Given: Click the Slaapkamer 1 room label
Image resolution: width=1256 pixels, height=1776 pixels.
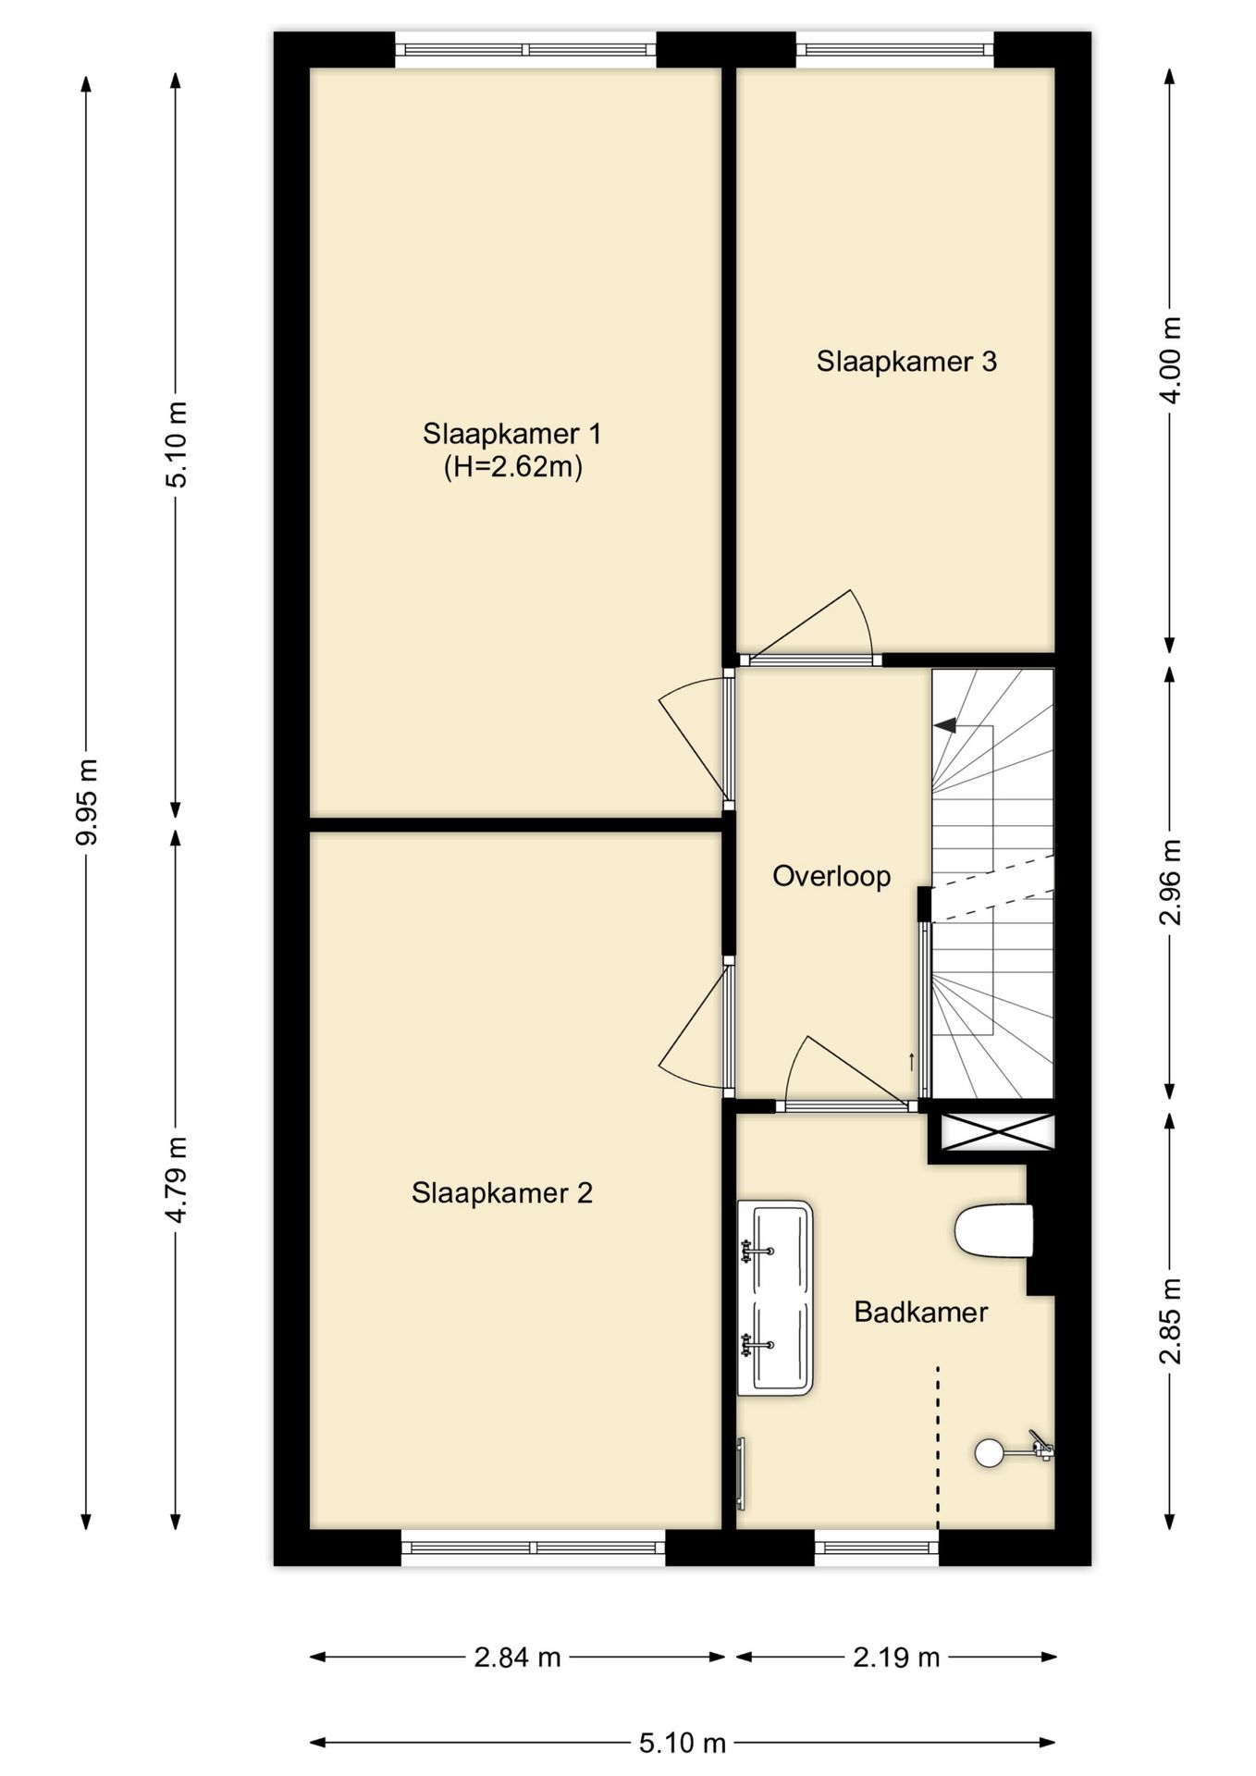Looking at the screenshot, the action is click(x=512, y=433).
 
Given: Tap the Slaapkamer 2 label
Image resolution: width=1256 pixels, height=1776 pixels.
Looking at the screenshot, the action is click(x=502, y=1192).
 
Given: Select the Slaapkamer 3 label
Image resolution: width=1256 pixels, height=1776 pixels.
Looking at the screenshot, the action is click(x=906, y=361).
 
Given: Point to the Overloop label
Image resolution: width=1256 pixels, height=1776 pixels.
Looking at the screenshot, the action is click(x=831, y=876).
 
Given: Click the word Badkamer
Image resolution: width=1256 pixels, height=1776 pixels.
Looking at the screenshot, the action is click(x=920, y=1312).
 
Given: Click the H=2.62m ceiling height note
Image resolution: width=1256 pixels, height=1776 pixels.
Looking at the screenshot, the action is click(x=513, y=467).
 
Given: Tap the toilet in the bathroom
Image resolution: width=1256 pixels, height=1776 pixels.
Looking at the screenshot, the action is click(x=993, y=1230).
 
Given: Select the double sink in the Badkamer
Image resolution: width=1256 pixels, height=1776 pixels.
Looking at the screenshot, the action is click(x=775, y=1298).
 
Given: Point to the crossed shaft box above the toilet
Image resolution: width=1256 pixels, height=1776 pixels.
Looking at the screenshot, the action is click(x=997, y=1132).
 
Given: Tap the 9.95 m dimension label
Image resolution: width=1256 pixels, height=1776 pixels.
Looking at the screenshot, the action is click(x=88, y=801).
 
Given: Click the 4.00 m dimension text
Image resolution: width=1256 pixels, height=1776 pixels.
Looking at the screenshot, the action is click(x=1171, y=360).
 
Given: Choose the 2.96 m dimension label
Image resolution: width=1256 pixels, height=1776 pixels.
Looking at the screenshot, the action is click(x=1171, y=882).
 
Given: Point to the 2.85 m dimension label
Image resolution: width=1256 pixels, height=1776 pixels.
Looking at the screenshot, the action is click(x=1171, y=1320).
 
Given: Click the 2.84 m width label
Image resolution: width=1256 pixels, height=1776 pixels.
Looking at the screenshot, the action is click(x=517, y=1658).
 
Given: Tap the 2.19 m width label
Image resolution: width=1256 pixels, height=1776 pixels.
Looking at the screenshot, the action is click(x=896, y=1658).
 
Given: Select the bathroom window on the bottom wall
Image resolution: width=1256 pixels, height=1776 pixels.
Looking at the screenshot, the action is click(x=877, y=1546).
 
